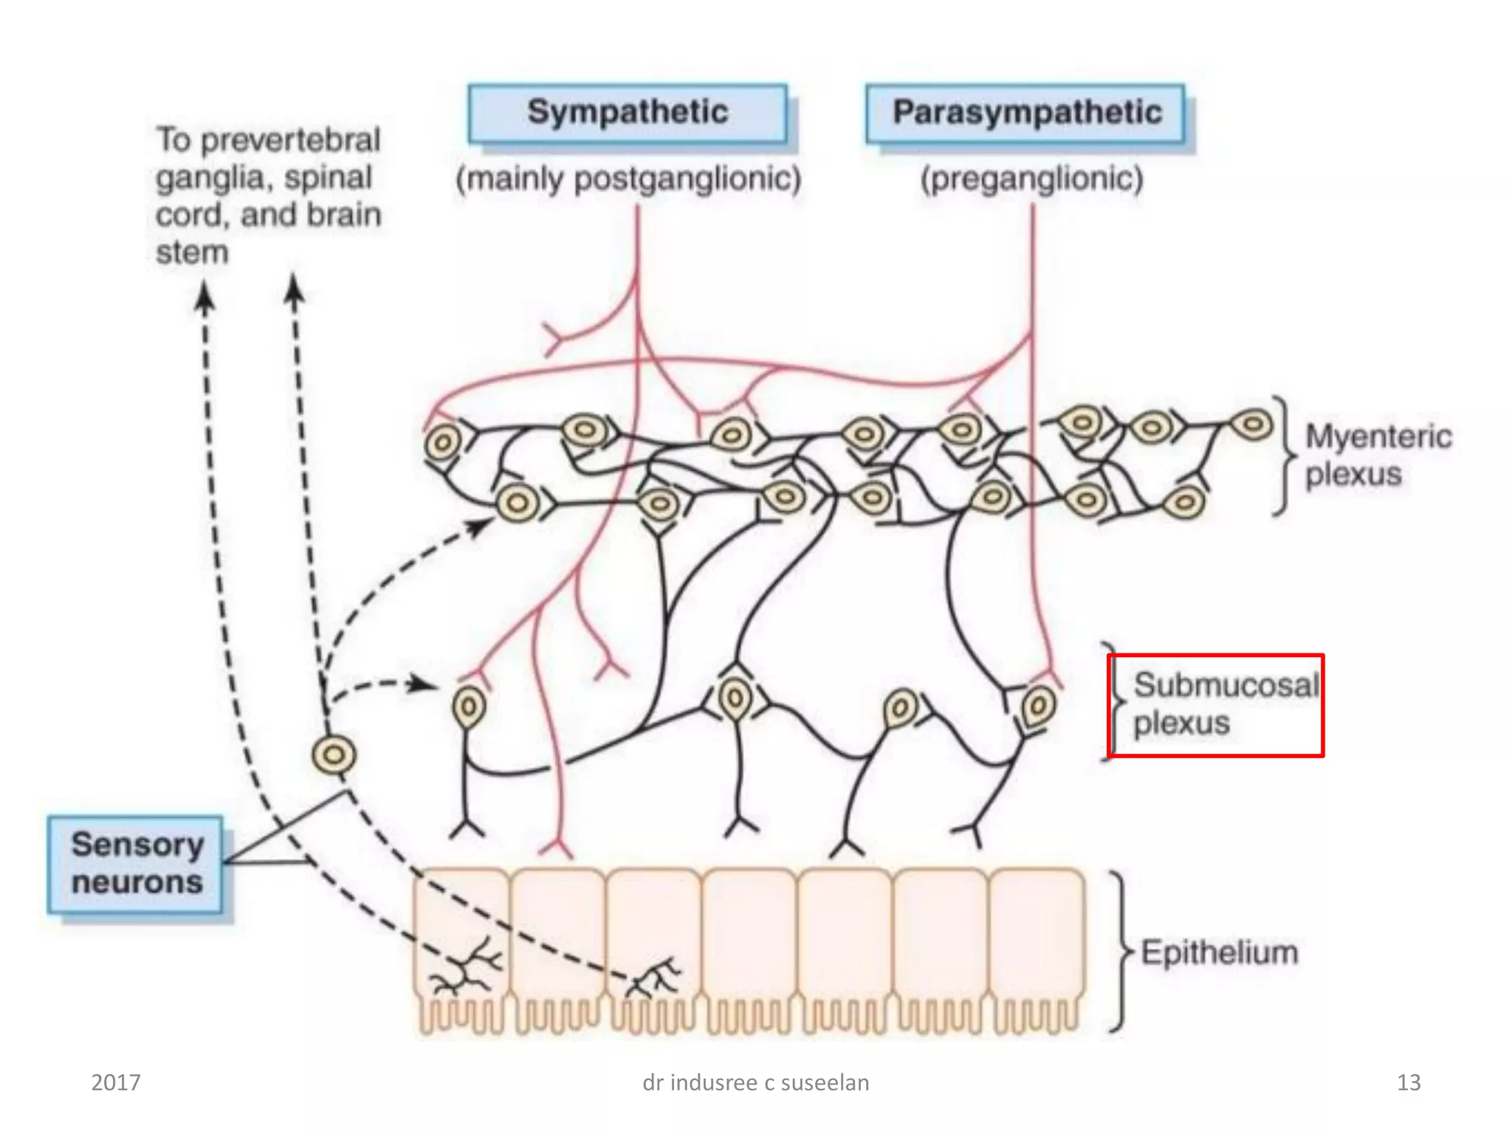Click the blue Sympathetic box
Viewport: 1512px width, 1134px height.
click(628, 114)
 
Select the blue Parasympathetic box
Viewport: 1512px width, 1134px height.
click(1025, 114)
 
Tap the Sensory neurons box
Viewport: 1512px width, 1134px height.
click(136, 864)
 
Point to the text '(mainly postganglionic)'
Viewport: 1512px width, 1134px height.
click(628, 179)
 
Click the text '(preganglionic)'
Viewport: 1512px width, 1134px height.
click(1031, 179)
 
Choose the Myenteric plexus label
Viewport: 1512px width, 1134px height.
click(1378, 455)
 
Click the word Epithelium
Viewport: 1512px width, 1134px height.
click(1219, 952)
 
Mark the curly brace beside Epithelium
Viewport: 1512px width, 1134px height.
click(1121, 952)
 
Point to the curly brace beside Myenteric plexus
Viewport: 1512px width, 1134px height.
click(1285, 454)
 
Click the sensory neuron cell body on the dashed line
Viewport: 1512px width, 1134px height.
click(334, 755)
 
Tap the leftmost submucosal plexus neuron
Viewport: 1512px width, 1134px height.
click(468, 707)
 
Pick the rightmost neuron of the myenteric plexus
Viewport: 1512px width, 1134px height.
click(1253, 425)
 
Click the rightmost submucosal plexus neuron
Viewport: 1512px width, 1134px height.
click(1038, 706)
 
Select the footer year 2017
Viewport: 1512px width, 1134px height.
click(116, 1082)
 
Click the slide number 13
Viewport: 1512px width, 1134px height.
click(1409, 1082)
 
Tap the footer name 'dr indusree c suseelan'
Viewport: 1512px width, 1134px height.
click(755, 1082)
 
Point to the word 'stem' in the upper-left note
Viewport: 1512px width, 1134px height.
click(192, 252)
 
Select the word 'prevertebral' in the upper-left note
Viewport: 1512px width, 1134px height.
click(290, 140)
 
